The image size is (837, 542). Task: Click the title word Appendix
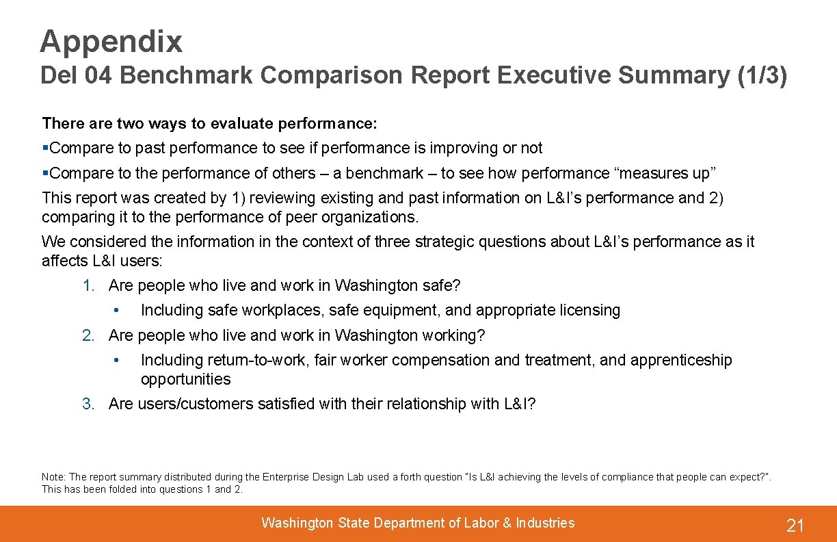[111, 42]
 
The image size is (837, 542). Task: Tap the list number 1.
[88, 285]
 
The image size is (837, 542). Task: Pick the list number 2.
[88, 335]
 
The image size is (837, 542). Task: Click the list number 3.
[88, 404]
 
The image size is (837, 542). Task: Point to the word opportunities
[185, 379]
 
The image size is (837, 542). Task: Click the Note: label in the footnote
[53, 477]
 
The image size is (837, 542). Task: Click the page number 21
[795, 526]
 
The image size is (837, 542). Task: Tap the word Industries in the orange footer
[545, 523]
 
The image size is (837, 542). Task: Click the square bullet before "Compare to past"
[45, 148]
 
